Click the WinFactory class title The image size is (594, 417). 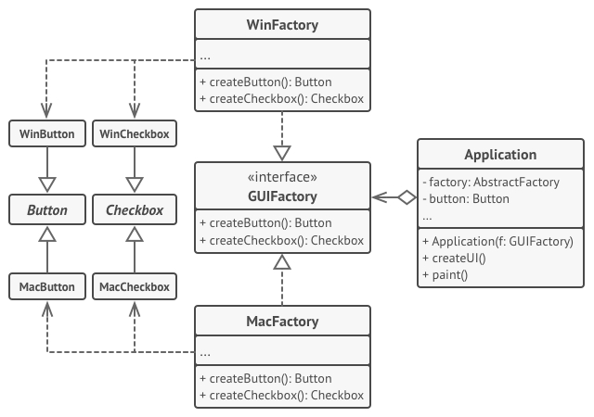point(282,25)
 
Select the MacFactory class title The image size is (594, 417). point(282,322)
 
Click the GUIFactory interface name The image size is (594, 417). point(282,196)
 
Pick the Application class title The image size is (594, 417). point(500,155)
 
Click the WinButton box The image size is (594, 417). point(47,133)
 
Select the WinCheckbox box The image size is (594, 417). point(135,133)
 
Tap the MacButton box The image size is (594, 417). point(47,287)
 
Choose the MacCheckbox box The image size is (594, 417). point(135,287)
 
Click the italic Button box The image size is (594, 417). point(47,210)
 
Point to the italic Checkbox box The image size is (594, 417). point(135,210)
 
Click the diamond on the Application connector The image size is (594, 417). point(406,196)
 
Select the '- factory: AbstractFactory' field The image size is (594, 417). point(490,183)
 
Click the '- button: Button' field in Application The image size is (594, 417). point(465,198)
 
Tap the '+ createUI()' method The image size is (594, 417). point(454,258)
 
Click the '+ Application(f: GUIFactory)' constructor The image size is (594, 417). point(497,242)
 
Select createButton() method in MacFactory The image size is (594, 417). point(265,379)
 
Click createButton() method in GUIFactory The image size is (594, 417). point(265,223)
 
